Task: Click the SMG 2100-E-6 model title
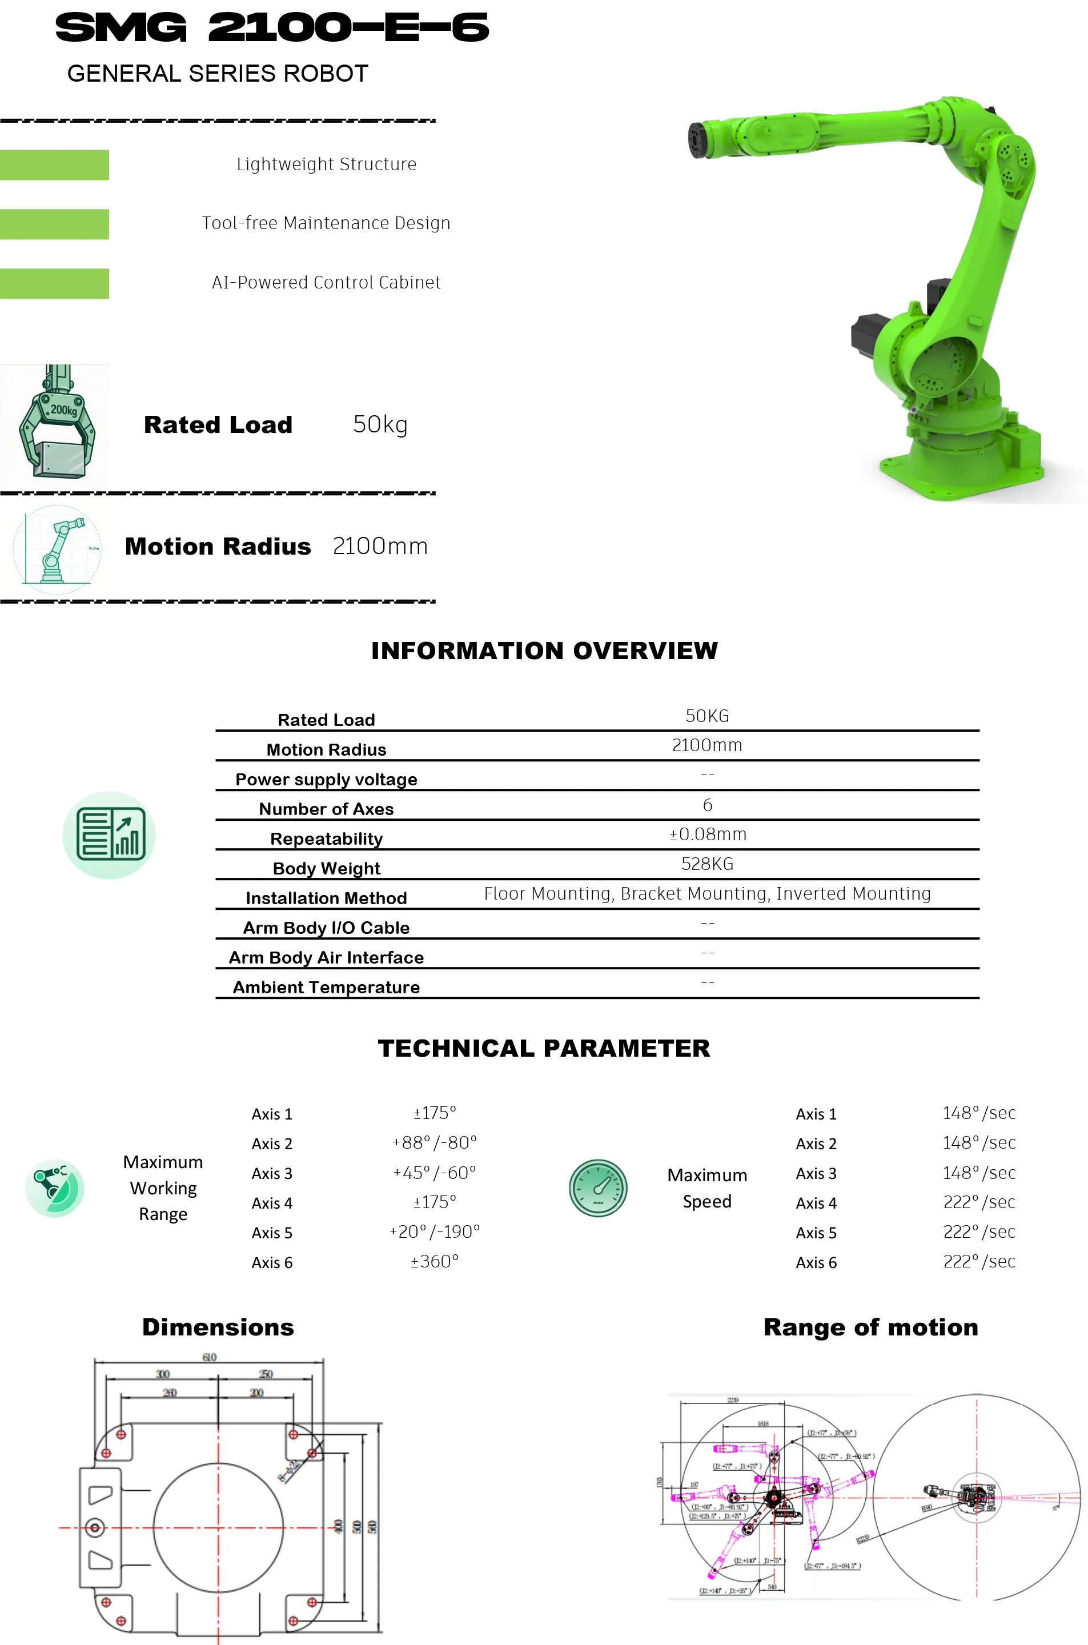pyautogui.click(x=272, y=29)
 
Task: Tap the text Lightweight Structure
pyautogui.click(x=326, y=164)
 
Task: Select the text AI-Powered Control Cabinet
pyautogui.click(x=326, y=282)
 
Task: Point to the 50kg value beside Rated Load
pyautogui.click(x=380, y=424)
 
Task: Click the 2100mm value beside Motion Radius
pyautogui.click(x=380, y=547)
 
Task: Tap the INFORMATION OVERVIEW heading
pyautogui.click(x=544, y=651)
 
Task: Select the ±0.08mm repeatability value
pyautogui.click(x=707, y=834)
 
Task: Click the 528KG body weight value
pyautogui.click(x=707, y=864)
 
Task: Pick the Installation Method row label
pyautogui.click(x=326, y=898)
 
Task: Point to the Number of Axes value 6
pyautogui.click(x=707, y=805)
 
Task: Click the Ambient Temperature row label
pyautogui.click(x=326, y=987)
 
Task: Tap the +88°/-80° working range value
pyautogui.click(x=435, y=1143)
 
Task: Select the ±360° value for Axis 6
pyautogui.click(x=435, y=1262)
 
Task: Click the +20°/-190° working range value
pyautogui.click(x=435, y=1232)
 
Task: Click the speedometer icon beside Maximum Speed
pyautogui.click(x=598, y=1188)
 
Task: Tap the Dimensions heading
pyautogui.click(x=218, y=1327)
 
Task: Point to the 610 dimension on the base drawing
pyautogui.click(x=210, y=1358)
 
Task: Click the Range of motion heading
pyautogui.click(x=871, y=1327)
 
